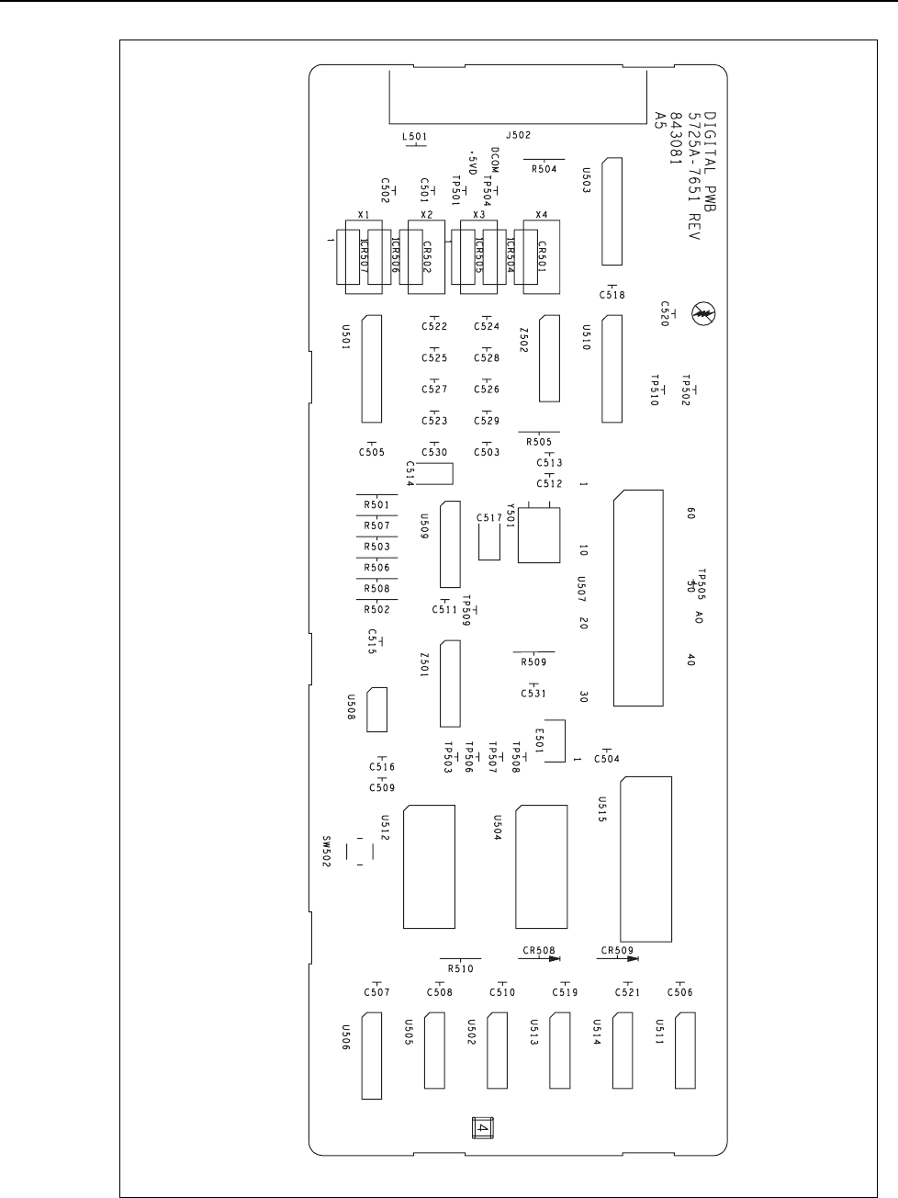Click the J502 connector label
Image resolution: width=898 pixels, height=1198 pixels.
coord(518,135)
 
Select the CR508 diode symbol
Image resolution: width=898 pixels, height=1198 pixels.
coord(554,958)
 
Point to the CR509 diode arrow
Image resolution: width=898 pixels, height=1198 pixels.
coord(632,958)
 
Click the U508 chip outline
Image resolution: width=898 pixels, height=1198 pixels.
coord(376,709)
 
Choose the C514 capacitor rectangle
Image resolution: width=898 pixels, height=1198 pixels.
coord(440,472)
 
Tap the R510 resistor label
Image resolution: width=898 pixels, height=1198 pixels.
coord(460,968)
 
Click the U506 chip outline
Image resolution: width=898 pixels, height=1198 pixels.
coord(371,1056)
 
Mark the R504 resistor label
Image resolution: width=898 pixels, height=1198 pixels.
coord(544,169)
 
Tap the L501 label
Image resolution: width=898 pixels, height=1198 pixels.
coord(415,137)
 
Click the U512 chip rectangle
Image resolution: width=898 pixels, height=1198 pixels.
coord(430,866)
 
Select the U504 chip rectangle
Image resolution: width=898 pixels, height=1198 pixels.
coord(542,866)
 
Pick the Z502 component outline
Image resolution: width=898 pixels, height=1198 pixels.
coord(549,359)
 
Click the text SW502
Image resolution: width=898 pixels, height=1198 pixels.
coord(325,851)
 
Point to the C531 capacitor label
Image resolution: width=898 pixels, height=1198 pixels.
coord(533,694)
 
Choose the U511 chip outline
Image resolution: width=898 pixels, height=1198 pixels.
coord(685,1050)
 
